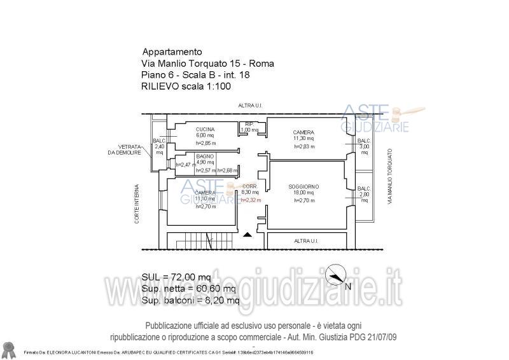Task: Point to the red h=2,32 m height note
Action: click(251, 200)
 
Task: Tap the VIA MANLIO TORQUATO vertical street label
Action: click(389, 176)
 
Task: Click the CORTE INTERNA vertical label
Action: click(137, 204)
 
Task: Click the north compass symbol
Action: click(335, 277)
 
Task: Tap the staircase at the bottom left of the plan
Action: click(190, 242)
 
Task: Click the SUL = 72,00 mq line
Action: click(176, 277)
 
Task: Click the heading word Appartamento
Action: click(172, 52)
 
